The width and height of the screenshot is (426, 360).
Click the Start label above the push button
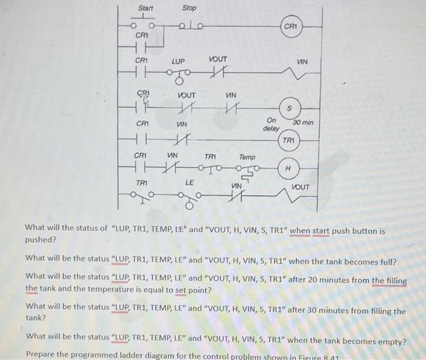[x=146, y=8]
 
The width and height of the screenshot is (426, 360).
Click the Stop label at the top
[x=189, y=8]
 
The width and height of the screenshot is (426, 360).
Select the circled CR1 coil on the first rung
[x=291, y=27]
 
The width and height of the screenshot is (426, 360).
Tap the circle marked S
[x=290, y=108]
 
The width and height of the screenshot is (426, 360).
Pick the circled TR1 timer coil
[x=289, y=141]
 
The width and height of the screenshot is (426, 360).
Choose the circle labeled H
[x=288, y=168]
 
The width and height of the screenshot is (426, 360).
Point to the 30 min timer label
[x=303, y=122]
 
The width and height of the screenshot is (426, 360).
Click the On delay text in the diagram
[x=271, y=125]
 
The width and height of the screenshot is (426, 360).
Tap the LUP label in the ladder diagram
[x=178, y=62]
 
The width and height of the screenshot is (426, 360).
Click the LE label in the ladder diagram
[x=189, y=181]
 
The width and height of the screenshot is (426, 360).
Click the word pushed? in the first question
[x=40, y=239]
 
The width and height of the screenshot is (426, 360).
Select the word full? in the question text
[x=385, y=261]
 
